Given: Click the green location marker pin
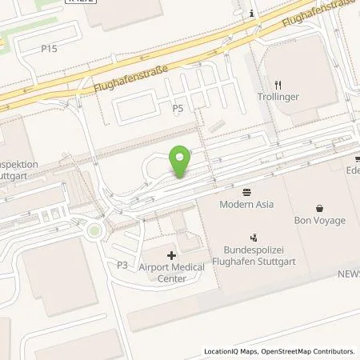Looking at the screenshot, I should (x=181, y=162).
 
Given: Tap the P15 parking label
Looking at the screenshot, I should (x=50, y=48).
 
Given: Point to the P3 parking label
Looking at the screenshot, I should (x=122, y=264).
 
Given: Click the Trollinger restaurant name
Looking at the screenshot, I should (x=279, y=97).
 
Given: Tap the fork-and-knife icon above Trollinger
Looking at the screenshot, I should (x=278, y=84).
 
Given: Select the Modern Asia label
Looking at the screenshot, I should (x=246, y=204).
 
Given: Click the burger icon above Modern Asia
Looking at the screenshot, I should (x=246, y=191).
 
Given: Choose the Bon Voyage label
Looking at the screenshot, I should (x=319, y=220).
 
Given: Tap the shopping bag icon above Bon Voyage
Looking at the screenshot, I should (x=319, y=207).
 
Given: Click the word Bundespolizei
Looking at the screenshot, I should (x=254, y=250).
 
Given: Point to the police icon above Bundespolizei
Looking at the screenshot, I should (x=254, y=236).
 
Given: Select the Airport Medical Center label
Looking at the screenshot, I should (x=172, y=273).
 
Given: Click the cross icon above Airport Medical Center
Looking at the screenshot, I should (x=171, y=255).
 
